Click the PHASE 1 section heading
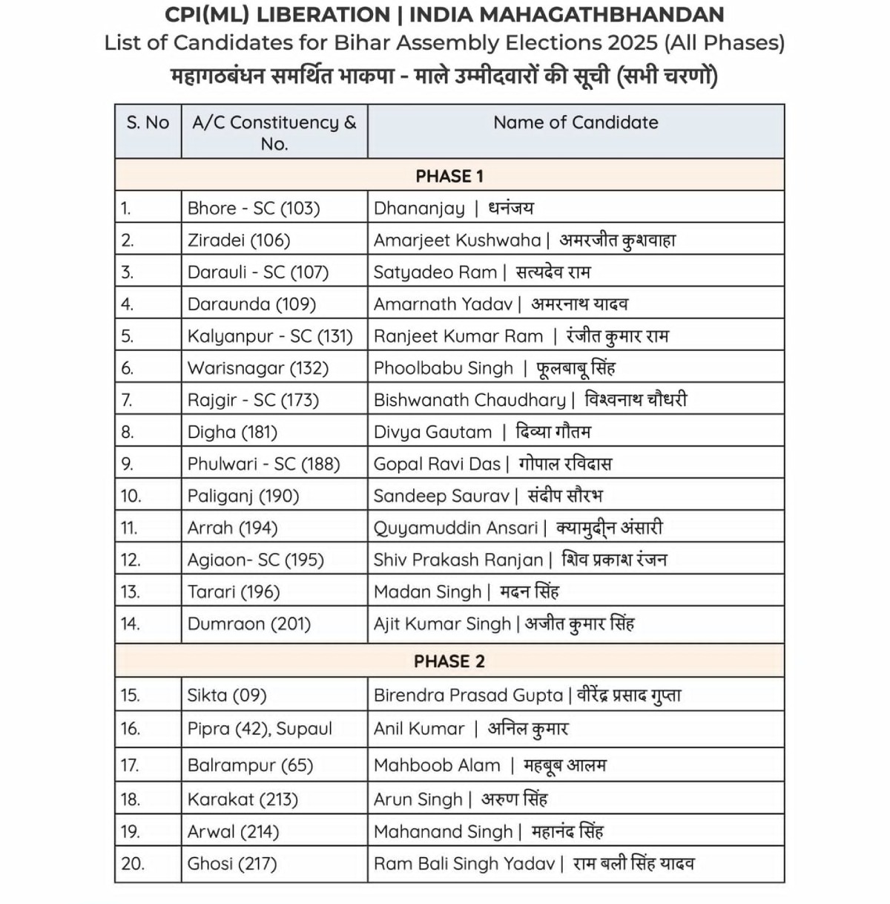449,176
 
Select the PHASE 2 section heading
449,661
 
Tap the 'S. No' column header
148,123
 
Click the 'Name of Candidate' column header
576,123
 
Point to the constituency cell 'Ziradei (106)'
239,240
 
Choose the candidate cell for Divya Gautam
482,432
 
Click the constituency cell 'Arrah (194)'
232,528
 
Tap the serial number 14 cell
131,623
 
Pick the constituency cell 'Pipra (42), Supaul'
260,729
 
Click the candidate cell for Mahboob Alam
489,765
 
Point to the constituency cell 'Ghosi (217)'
232,864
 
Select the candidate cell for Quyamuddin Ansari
518,528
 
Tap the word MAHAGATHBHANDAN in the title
567,15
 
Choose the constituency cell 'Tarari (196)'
234,592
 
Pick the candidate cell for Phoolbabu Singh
494,368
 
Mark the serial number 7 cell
127,400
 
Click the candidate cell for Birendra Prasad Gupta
527,695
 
